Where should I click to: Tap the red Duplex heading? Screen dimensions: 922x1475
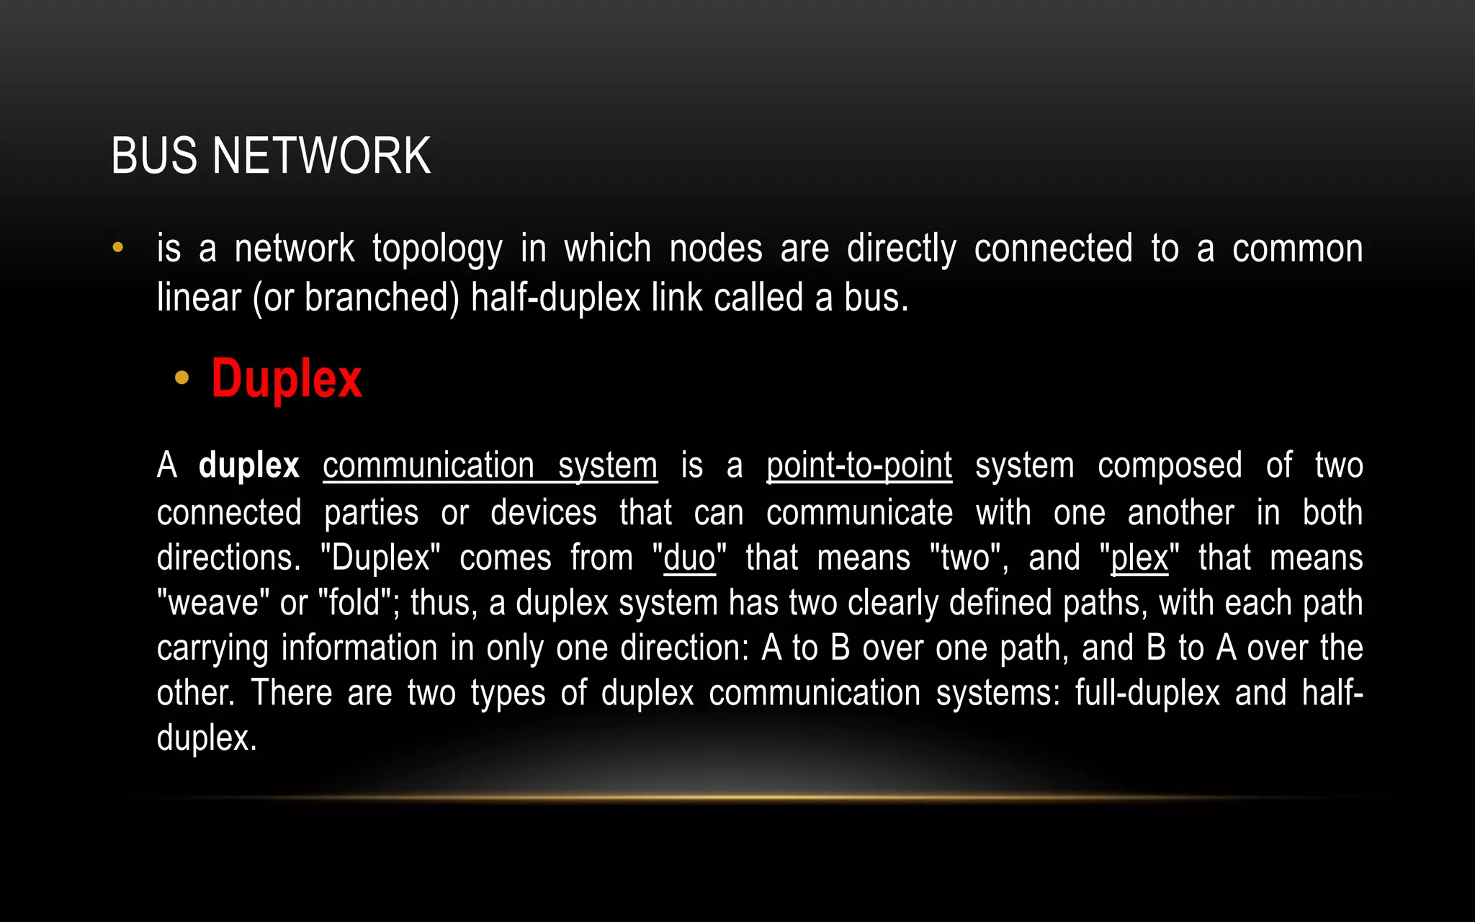[x=286, y=379]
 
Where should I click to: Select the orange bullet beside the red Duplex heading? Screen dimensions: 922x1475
[x=181, y=377]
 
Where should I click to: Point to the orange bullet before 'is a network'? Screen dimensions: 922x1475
[x=118, y=249]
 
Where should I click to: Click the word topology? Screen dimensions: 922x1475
[x=437, y=249]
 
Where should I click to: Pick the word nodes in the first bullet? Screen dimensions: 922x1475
[x=715, y=249]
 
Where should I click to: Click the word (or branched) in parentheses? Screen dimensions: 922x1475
[x=356, y=297]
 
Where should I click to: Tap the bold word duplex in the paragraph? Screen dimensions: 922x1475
[x=248, y=465]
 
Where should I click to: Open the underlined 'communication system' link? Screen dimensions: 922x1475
[x=490, y=465]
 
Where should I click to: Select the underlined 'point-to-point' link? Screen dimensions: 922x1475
[x=858, y=465]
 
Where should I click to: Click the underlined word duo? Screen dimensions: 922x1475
[x=689, y=558]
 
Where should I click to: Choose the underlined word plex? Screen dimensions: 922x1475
[x=1139, y=558]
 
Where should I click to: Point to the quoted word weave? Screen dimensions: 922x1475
[x=213, y=603]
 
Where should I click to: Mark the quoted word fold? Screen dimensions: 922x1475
[x=354, y=603]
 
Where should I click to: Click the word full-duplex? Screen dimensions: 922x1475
[x=1147, y=693]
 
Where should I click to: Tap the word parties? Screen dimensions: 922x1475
[x=371, y=513]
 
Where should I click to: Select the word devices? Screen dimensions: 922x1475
[x=543, y=513]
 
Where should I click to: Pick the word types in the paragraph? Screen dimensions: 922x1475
[x=508, y=693]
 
